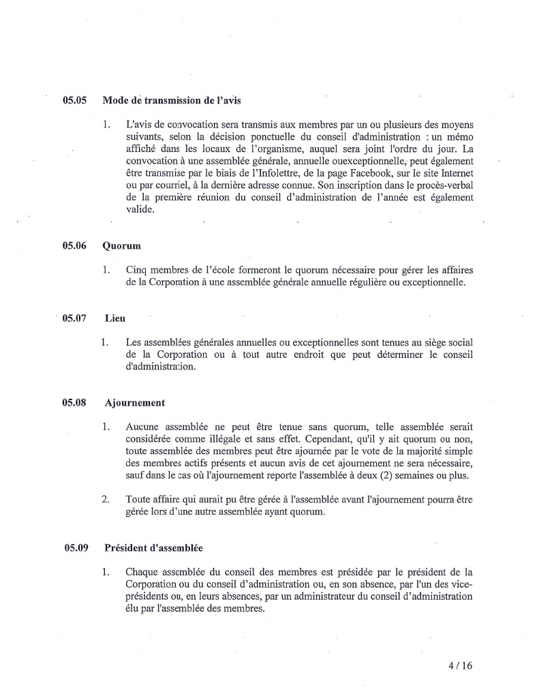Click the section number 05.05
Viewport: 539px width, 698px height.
[x=74, y=100]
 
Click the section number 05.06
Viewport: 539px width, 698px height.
[x=74, y=245]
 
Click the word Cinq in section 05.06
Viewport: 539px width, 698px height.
[x=138, y=270]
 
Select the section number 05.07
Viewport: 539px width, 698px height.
[x=74, y=318]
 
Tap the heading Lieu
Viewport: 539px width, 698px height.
[x=115, y=318]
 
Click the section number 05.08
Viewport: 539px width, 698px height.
[x=74, y=403]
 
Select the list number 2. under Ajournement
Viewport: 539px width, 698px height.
[x=106, y=500]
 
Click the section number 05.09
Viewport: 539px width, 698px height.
[x=74, y=547]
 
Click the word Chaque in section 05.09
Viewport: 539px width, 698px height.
[x=143, y=572]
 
